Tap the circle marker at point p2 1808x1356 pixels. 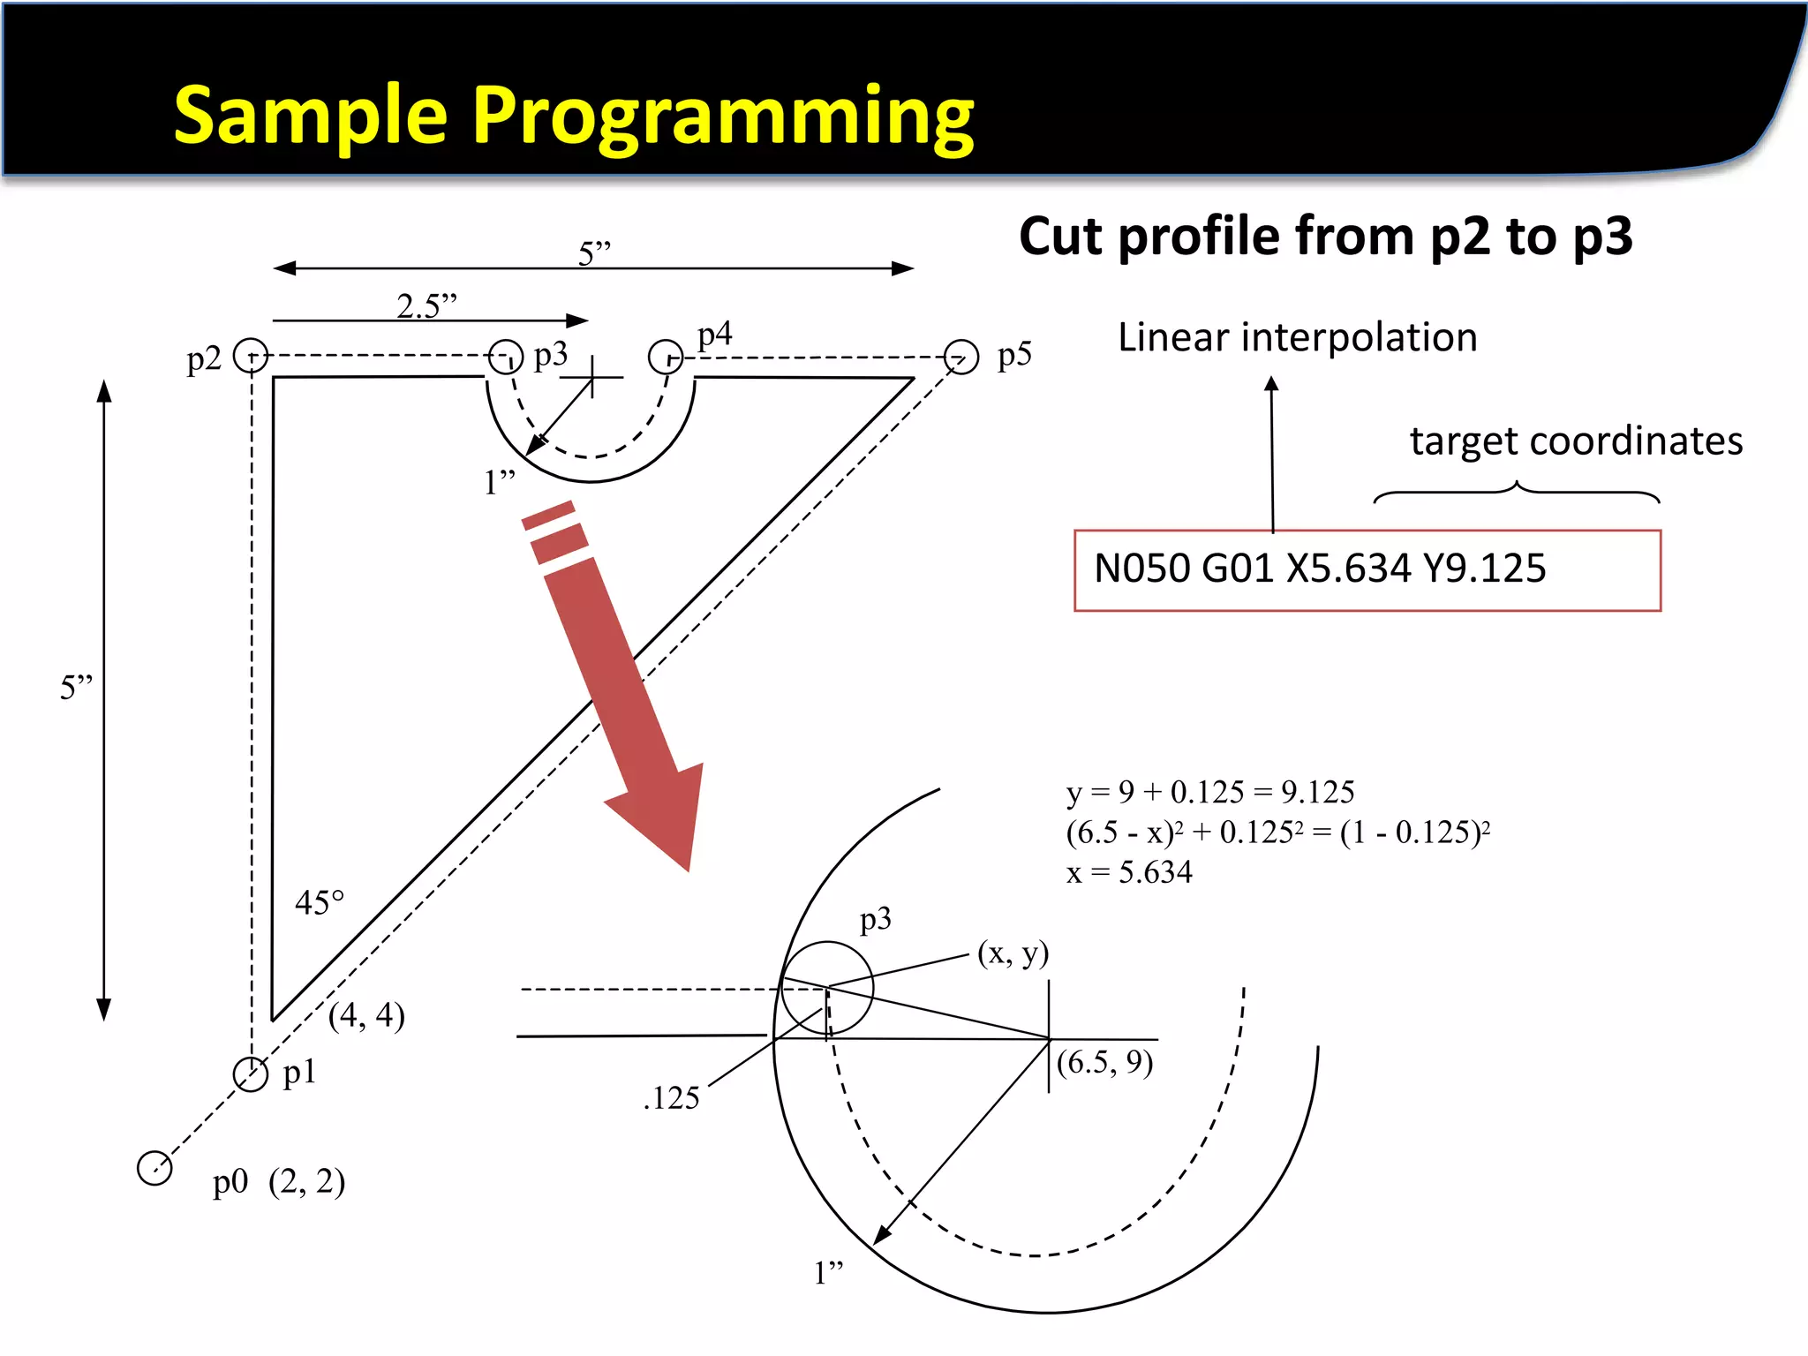(x=251, y=356)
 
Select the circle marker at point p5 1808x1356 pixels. (x=961, y=358)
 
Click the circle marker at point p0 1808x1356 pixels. (x=154, y=1168)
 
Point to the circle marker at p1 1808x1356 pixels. (x=251, y=1074)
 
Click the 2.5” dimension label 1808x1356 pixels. (x=426, y=306)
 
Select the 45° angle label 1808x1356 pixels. (x=319, y=903)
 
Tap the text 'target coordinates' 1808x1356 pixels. (x=1576, y=441)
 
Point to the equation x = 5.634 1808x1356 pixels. (x=1129, y=872)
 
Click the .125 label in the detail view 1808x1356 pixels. (x=671, y=1098)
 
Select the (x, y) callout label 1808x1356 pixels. (x=1013, y=953)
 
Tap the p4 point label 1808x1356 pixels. (x=714, y=335)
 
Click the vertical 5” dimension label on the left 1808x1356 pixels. (x=76, y=687)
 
